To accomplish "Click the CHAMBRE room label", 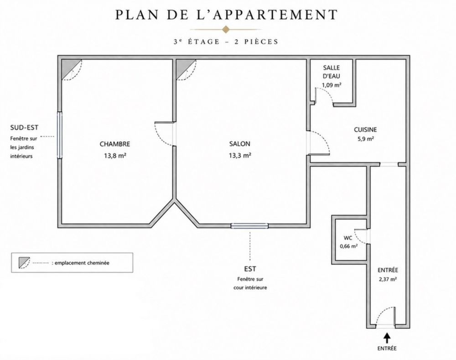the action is tap(115, 144).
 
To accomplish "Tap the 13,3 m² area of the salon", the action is tap(240, 155).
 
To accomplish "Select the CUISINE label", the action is tap(365, 130).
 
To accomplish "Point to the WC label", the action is tap(348, 238).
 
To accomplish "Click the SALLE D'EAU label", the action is tap(332, 72).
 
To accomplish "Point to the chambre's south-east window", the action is tap(60, 135).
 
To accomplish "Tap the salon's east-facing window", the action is tap(249, 225).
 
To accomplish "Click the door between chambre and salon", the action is tap(165, 134).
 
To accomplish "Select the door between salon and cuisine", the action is tap(319, 142).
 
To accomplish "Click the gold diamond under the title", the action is tap(226, 29).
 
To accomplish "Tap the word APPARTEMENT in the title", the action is tap(275, 15).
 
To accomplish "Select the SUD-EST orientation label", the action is tap(24, 127).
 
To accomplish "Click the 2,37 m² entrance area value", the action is tap(388, 279).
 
